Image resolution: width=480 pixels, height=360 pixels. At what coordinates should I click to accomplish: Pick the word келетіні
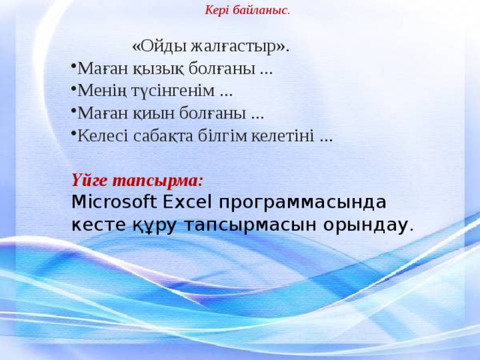283,136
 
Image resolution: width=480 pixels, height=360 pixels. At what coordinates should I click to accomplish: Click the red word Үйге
94,181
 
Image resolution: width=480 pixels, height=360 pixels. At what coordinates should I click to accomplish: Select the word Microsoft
114,202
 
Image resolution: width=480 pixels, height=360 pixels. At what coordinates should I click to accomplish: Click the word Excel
187,202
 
